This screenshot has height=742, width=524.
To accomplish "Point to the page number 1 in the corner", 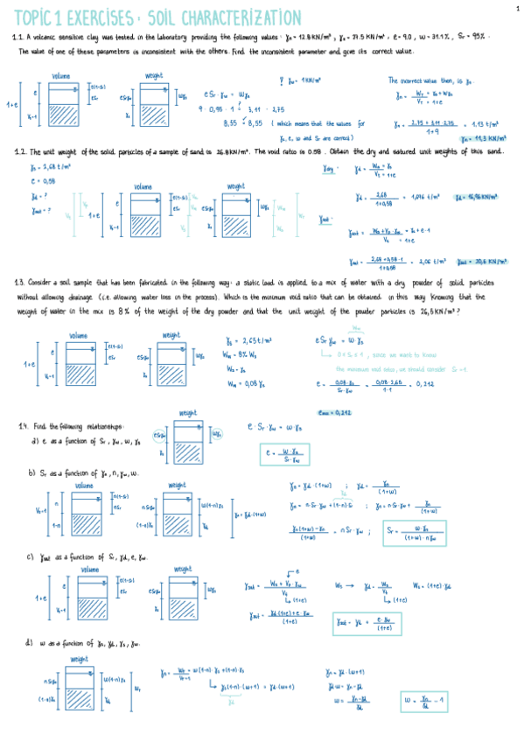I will click(x=517, y=7).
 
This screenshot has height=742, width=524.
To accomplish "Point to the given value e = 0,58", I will click(x=41, y=180).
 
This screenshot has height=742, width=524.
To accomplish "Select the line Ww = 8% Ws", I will click(x=241, y=354).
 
